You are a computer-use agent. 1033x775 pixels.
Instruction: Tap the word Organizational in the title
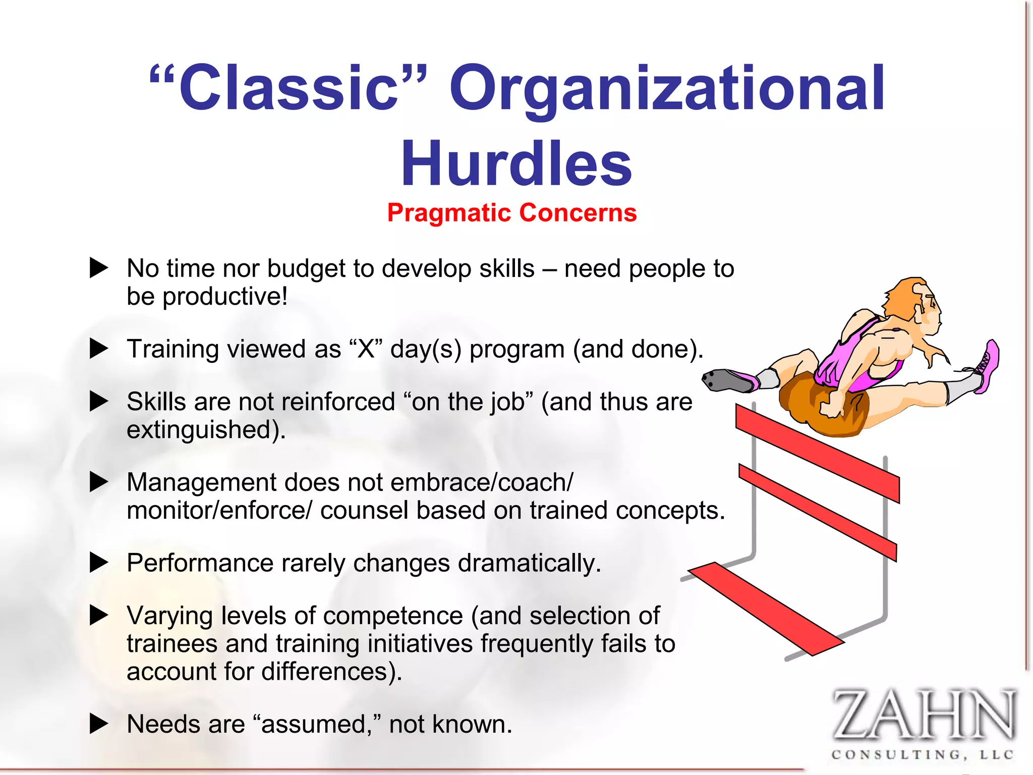click(x=667, y=88)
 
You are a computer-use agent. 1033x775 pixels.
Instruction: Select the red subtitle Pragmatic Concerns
click(x=511, y=212)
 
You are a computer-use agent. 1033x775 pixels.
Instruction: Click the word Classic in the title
click(x=289, y=88)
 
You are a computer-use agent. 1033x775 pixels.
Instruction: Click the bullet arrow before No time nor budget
click(x=99, y=268)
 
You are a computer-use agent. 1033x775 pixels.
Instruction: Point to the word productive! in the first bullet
click(x=225, y=296)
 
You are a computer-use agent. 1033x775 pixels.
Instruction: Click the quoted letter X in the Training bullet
click(x=366, y=349)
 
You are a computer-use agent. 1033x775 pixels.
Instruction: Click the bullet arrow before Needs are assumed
click(x=99, y=724)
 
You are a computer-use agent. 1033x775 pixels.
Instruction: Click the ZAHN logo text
click(x=923, y=715)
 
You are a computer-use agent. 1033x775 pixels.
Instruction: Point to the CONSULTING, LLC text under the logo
click(x=923, y=755)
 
